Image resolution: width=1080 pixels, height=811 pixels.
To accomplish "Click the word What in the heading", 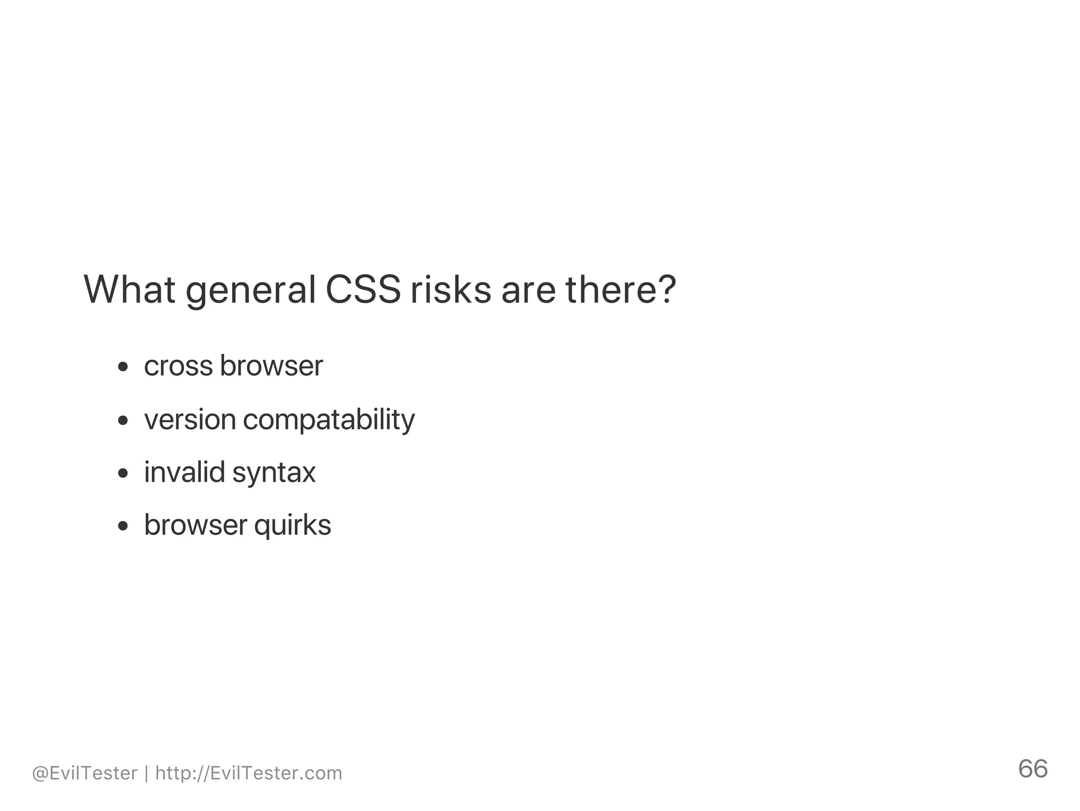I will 129,289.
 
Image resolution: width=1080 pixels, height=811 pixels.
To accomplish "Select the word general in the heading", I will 250,292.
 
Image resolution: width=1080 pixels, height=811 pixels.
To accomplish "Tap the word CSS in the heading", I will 363,289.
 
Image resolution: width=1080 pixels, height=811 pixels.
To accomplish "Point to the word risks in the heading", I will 450,289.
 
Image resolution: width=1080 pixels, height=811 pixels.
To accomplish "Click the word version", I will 190,420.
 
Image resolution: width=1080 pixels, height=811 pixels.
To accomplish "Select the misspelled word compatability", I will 329,421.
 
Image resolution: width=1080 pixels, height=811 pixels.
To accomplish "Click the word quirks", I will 293,526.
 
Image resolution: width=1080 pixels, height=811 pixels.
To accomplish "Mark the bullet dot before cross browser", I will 123,367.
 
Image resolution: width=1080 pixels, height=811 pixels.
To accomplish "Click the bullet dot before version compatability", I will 123,420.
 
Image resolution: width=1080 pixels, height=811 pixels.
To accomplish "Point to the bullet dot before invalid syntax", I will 123,473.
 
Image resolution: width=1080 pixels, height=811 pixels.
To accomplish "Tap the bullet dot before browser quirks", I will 123,526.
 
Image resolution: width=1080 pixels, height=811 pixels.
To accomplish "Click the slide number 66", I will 1033,769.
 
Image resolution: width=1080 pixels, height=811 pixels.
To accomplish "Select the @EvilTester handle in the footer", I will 84,773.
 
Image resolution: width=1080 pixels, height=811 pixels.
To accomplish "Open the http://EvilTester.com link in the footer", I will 248,773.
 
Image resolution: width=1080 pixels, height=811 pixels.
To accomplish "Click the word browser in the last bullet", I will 196,525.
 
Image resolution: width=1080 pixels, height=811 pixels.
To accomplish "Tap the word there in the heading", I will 612,289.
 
